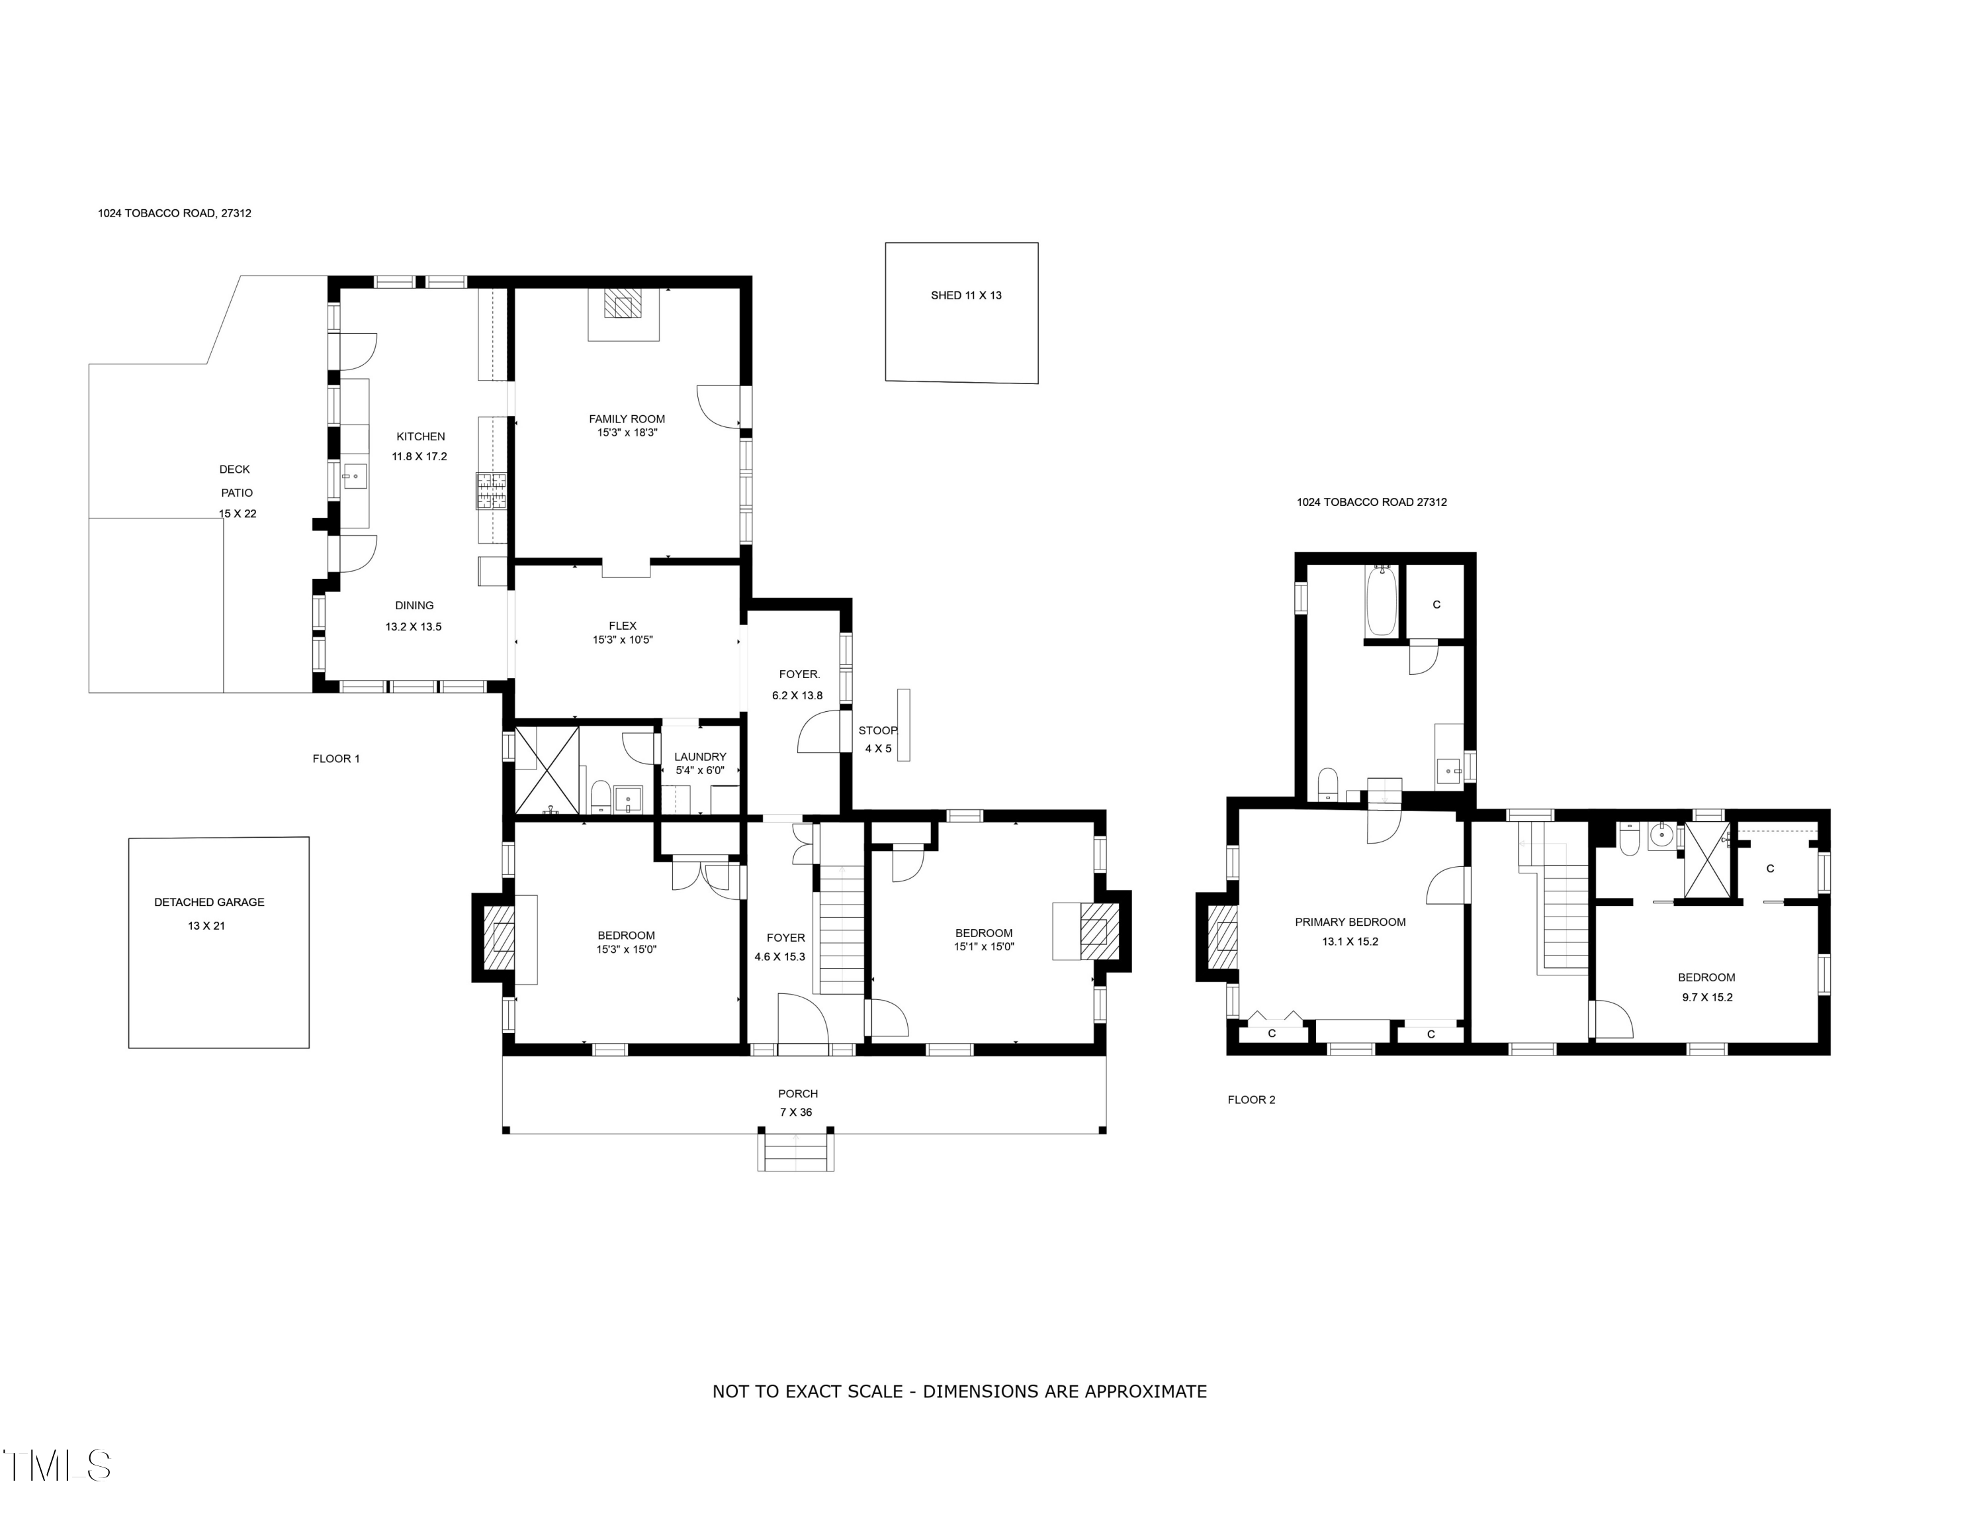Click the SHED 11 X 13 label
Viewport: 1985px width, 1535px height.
click(x=965, y=295)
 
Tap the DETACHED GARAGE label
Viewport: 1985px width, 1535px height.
click(x=209, y=902)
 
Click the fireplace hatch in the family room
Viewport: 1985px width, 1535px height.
click(x=623, y=304)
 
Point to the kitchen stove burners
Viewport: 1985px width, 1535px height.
click(x=491, y=491)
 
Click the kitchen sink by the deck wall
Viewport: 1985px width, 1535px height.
click(x=355, y=475)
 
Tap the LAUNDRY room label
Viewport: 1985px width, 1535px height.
click(x=700, y=757)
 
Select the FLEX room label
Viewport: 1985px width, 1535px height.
click(x=623, y=626)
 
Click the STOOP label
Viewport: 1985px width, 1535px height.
click(x=877, y=730)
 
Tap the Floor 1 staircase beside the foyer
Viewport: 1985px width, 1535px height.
click(x=842, y=928)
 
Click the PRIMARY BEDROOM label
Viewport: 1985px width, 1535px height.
click(x=1350, y=922)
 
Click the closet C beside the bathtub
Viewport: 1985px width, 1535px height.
click(x=1436, y=605)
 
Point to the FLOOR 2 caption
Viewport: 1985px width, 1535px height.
click(x=1251, y=1099)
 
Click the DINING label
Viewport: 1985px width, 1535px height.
click(x=414, y=606)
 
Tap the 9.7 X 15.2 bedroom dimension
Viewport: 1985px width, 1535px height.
click(x=1706, y=997)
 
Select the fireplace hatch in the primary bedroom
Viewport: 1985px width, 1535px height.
click(x=1226, y=936)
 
